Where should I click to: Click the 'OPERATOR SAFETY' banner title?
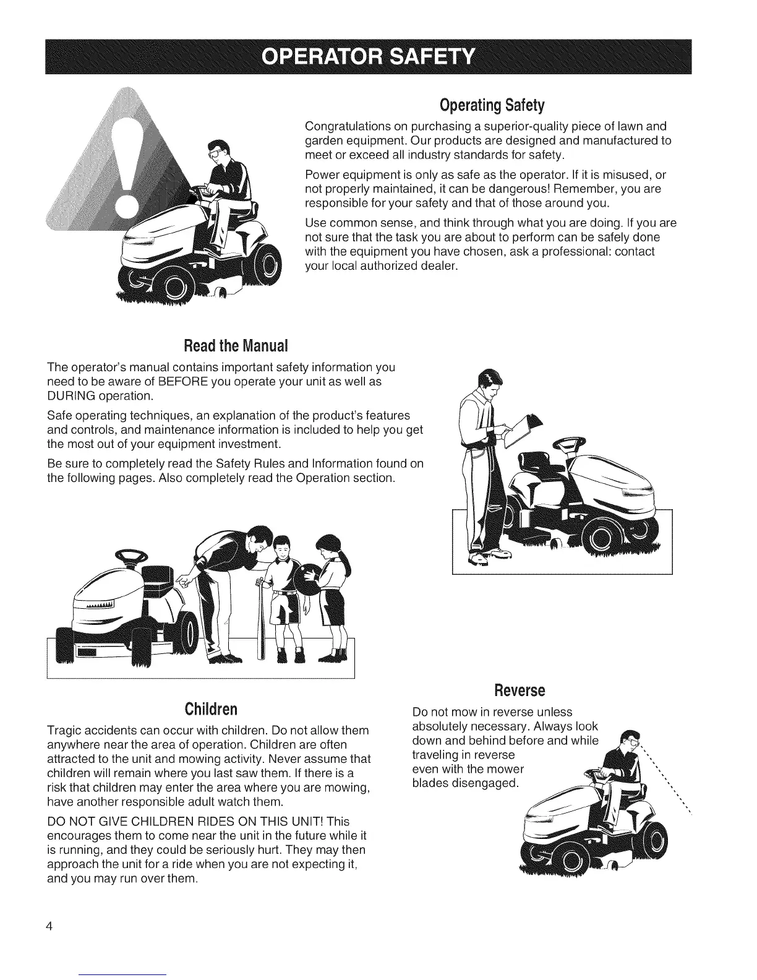click(369, 56)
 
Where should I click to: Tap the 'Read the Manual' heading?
click(236, 343)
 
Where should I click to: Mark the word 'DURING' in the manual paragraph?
click(69, 396)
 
